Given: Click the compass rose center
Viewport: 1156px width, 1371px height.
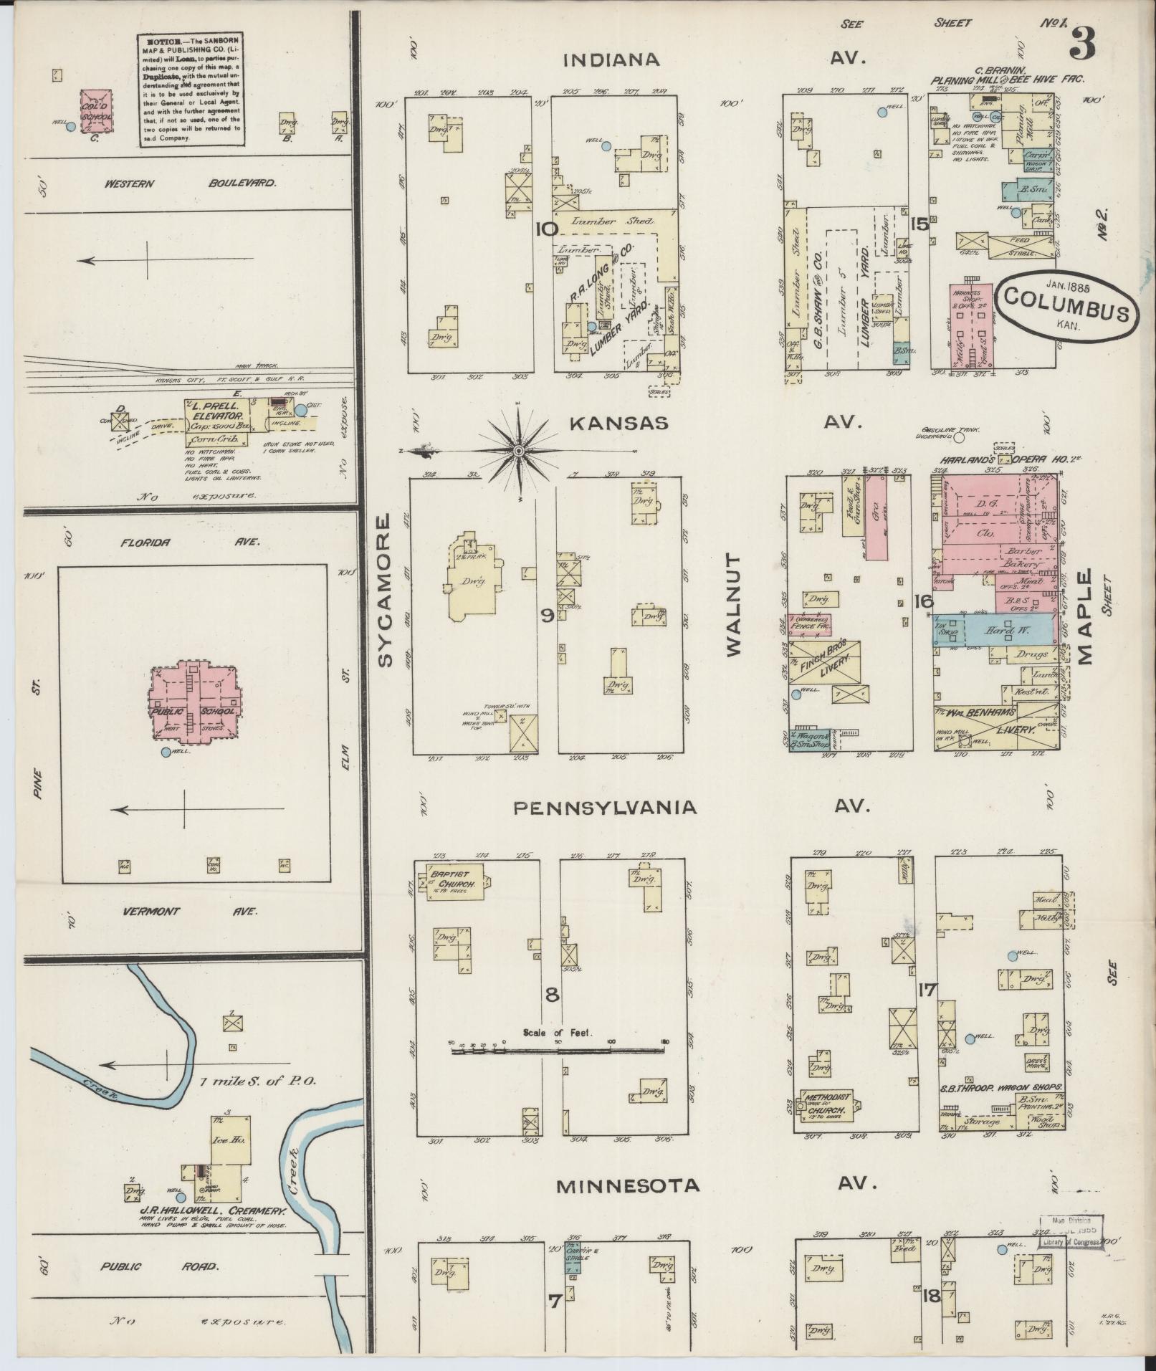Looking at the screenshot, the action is click(x=518, y=451).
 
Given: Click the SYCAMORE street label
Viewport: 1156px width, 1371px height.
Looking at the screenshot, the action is click(x=385, y=590).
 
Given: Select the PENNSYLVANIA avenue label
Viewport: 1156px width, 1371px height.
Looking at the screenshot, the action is click(x=604, y=808).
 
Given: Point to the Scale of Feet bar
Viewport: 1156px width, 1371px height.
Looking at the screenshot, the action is click(x=559, y=1051).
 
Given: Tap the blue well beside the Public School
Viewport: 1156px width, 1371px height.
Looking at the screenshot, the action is click(x=166, y=753).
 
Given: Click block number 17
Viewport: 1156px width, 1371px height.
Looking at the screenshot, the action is click(x=926, y=990).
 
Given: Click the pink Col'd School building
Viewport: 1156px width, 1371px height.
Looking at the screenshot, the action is click(x=96, y=112).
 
